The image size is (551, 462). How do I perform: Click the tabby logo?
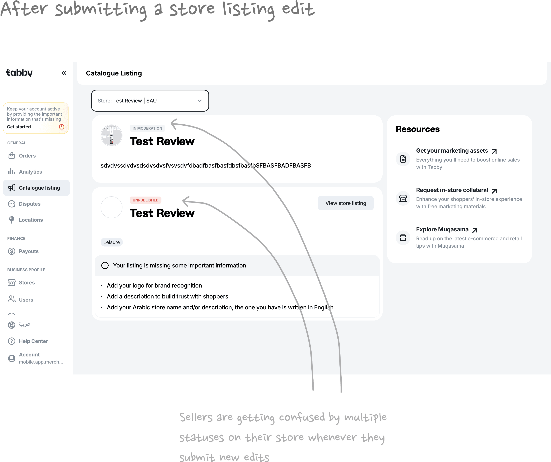(19, 73)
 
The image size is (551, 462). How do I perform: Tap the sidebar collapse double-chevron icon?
(64, 73)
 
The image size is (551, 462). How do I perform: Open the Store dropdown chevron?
(200, 101)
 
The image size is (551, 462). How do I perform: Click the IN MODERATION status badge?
(147, 128)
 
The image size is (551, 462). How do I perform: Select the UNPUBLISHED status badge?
(145, 200)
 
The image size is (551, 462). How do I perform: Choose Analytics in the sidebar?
(30, 172)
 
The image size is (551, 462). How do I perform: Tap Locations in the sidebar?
(31, 220)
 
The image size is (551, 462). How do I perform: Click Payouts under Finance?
(29, 251)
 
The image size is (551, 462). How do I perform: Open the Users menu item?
(26, 300)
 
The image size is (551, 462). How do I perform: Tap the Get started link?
(19, 127)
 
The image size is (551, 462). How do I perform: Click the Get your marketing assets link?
(452, 151)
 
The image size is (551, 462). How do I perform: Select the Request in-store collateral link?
(452, 190)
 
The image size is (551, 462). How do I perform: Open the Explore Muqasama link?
(442, 229)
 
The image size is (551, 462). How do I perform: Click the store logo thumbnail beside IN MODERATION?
(112, 135)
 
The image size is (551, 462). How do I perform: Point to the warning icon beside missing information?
(105, 265)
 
